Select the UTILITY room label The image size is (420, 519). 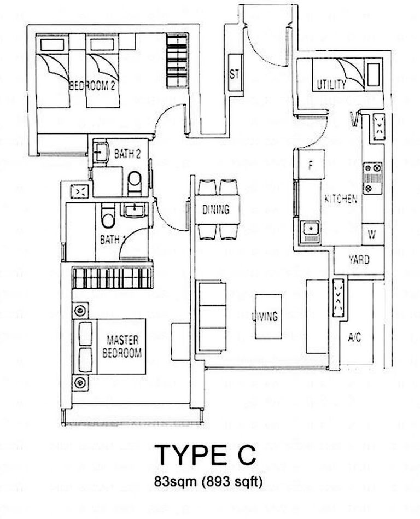tap(331, 84)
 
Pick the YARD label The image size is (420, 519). tap(358, 260)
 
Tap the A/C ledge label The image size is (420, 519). tap(354, 337)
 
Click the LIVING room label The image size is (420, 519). tap(265, 316)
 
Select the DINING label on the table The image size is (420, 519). tap(215, 209)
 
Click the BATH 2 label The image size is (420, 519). tap(127, 155)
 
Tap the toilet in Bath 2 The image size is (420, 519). tap(133, 181)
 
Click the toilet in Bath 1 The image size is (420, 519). tap(108, 218)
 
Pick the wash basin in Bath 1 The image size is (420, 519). tap(132, 209)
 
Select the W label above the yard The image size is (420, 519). tap(371, 235)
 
